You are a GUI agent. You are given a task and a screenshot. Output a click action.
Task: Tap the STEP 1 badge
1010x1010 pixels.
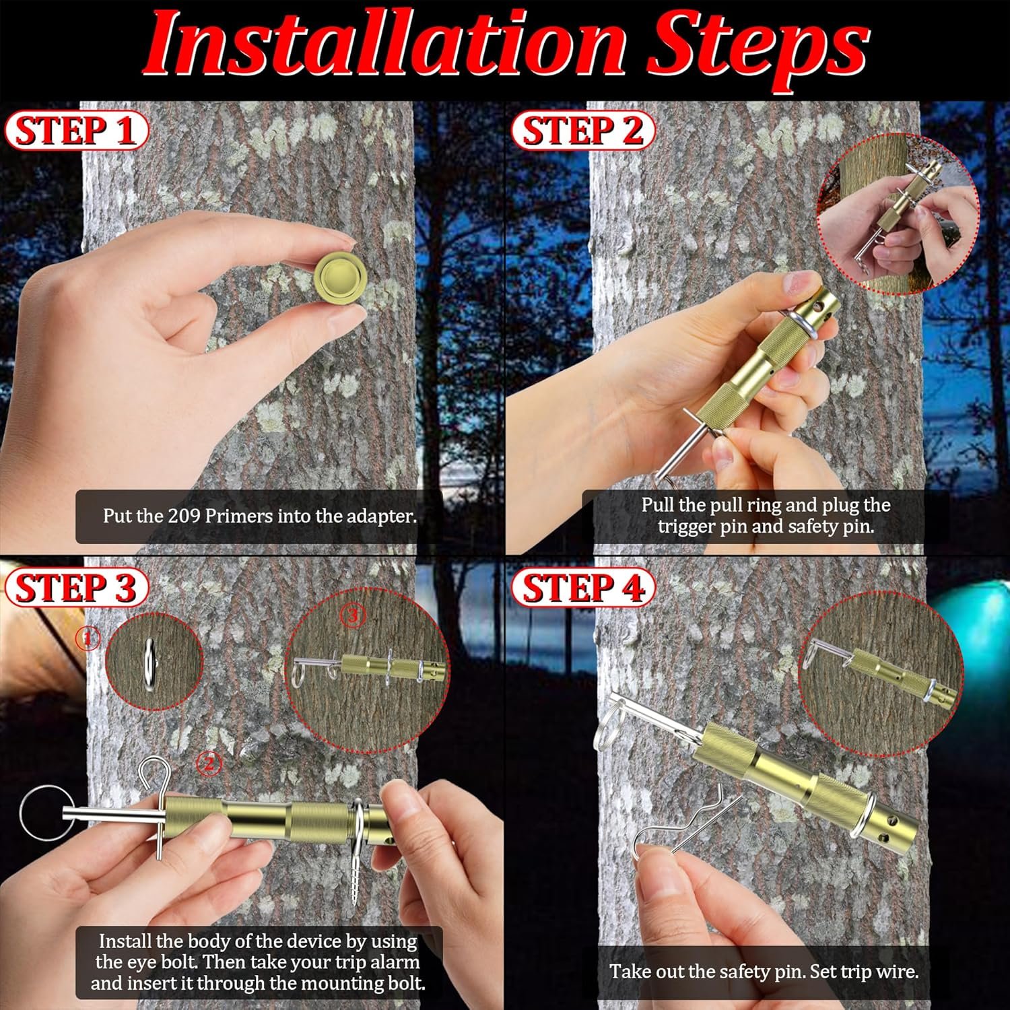[75, 131]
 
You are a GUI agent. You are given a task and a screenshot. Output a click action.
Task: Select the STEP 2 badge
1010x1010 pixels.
[582, 131]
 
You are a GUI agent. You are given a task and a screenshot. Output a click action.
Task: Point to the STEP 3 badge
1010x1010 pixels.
[75, 588]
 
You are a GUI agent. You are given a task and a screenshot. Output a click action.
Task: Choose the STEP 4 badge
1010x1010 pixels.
[582, 588]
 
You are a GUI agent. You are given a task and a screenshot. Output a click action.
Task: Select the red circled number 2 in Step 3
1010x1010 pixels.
[209, 763]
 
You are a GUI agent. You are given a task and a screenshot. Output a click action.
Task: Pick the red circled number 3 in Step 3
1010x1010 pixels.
[353, 615]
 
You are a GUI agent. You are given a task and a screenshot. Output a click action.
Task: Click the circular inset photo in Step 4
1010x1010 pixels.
[880, 674]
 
